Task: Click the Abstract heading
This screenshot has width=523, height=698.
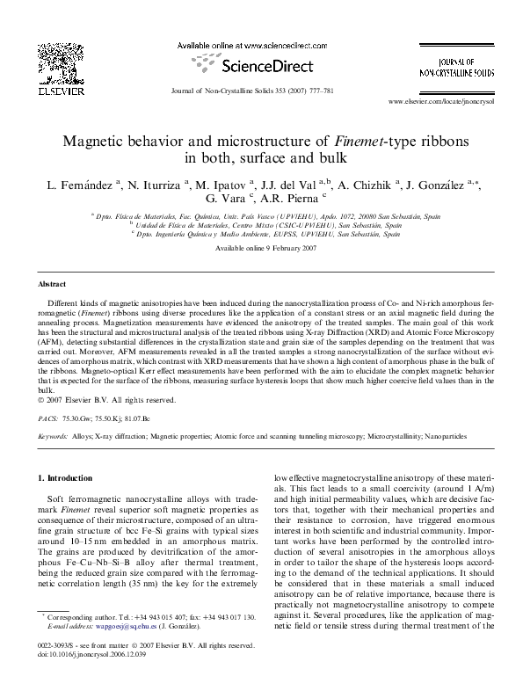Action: [51, 285]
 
